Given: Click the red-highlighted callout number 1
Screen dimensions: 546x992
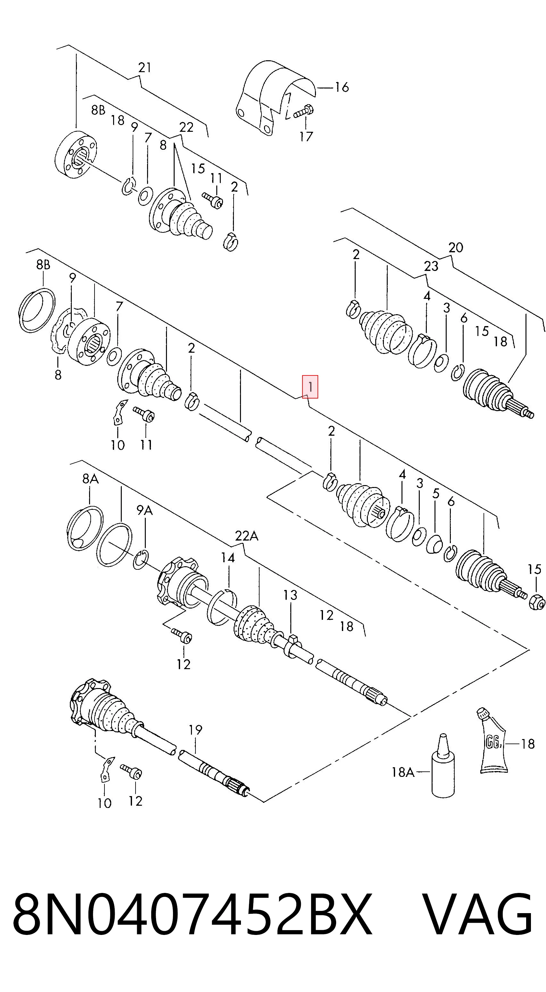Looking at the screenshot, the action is [310, 387].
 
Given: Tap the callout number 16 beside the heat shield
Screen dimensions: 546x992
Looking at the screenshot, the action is [342, 88].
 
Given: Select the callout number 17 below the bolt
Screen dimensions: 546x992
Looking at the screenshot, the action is [306, 136].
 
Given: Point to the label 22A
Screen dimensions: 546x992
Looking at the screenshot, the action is [247, 536].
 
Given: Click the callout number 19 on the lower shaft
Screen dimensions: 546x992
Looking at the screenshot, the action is [195, 730].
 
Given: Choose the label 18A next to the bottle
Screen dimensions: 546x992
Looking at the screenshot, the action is [403, 772].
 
